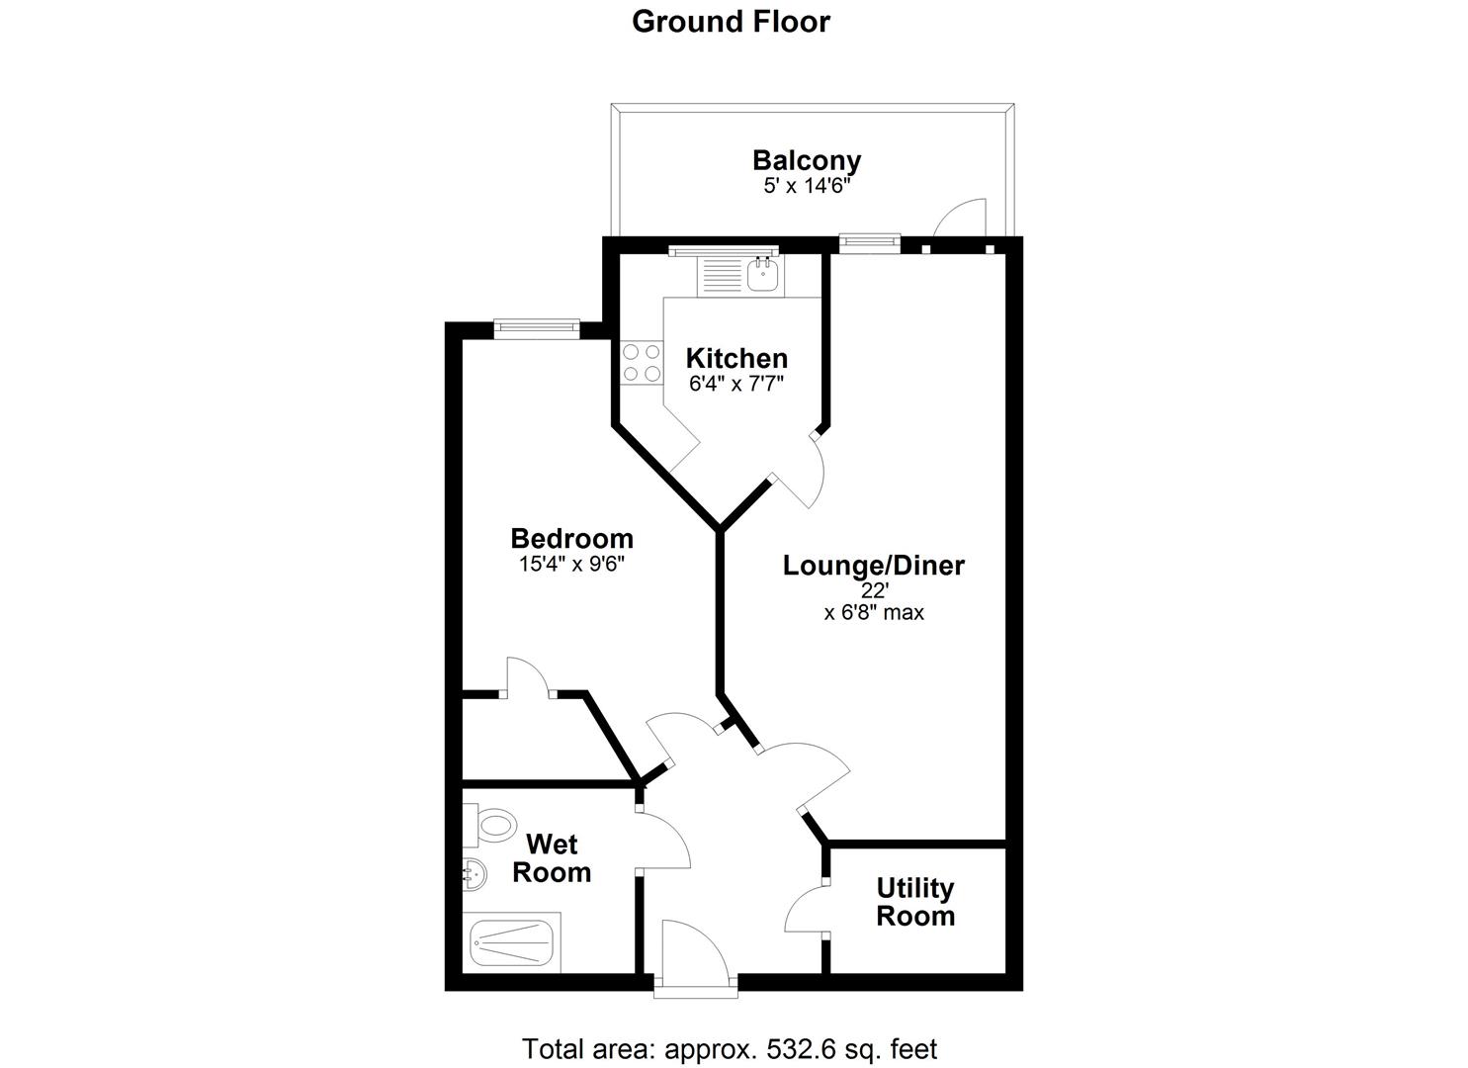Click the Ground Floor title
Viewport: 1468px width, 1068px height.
[x=731, y=21]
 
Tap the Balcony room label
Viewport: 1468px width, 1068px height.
[x=806, y=160]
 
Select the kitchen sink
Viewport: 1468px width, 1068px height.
[x=762, y=274]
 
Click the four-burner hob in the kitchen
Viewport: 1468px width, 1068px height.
[x=641, y=362]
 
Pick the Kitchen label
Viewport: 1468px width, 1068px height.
[x=736, y=358]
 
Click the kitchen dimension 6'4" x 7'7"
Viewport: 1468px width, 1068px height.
[x=736, y=384]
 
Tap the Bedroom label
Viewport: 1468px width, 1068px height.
[x=571, y=539]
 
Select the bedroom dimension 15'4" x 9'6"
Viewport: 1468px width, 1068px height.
[x=571, y=565]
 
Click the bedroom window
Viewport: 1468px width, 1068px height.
[x=536, y=327]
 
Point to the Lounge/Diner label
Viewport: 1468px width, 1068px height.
[x=873, y=566]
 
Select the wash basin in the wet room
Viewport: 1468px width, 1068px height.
[x=475, y=873]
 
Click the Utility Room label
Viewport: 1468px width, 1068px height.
[x=914, y=902]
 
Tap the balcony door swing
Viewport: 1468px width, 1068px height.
[x=961, y=220]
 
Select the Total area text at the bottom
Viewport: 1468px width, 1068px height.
[x=729, y=1048]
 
